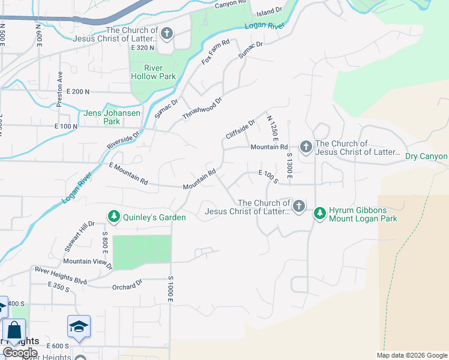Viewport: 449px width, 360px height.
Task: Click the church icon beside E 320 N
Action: [x=166, y=33]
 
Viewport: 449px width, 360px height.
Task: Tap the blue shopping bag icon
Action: [x=14, y=331]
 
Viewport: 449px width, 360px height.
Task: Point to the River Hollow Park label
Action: [x=153, y=71]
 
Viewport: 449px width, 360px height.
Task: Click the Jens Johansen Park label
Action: [x=103, y=117]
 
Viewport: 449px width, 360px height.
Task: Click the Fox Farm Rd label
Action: [x=216, y=52]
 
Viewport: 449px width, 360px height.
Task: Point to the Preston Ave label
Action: [x=59, y=89]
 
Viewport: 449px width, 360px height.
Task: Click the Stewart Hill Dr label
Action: [x=79, y=236]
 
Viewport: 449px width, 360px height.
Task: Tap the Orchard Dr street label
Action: [x=127, y=286]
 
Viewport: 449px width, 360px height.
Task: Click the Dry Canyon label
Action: [x=426, y=156]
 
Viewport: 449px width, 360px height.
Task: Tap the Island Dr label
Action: [x=269, y=11]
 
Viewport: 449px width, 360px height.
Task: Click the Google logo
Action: [x=20, y=352]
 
